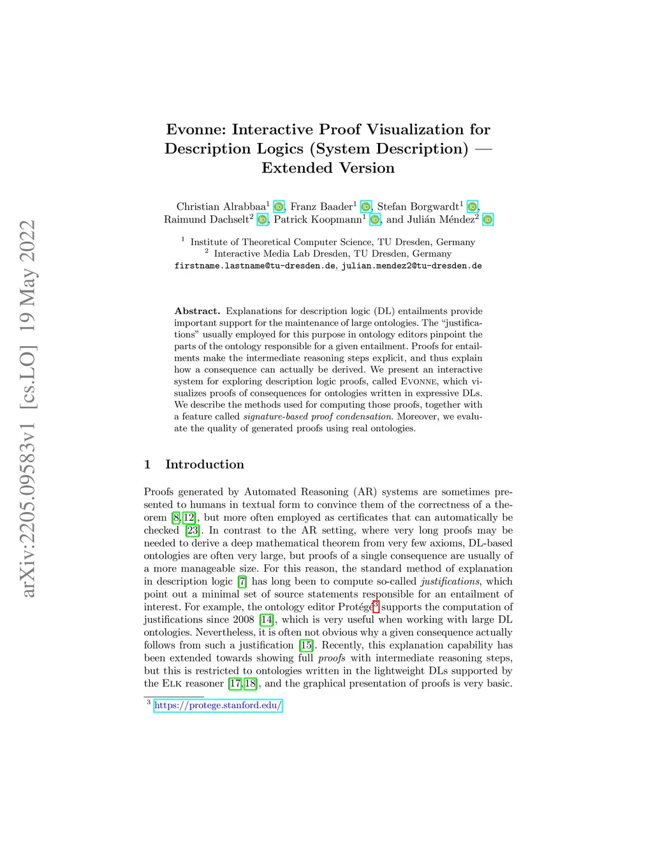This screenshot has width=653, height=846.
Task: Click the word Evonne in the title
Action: [x=196, y=130]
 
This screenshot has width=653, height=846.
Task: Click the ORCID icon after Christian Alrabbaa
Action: [x=279, y=207]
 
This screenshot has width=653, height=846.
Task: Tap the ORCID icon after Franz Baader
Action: [x=365, y=207]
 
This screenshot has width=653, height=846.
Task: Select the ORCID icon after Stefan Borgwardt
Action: [x=472, y=207]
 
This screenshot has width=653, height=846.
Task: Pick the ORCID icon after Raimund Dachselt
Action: [x=262, y=220]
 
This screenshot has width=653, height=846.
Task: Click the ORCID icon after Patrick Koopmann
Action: [x=375, y=220]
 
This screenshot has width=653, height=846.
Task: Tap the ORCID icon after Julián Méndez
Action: [x=487, y=220]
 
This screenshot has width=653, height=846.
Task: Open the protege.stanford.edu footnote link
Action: [x=217, y=706]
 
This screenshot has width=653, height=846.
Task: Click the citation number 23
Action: [x=193, y=531]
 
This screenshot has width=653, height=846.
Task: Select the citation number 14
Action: [x=267, y=620]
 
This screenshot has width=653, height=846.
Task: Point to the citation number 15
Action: [x=306, y=646]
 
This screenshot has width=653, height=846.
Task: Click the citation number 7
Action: [x=242, y=582]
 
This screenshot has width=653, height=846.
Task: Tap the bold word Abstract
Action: [x=197, y=311]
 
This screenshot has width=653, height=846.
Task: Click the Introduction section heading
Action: [x=204, y=464]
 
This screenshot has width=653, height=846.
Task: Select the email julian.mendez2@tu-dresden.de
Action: [x=411, y=266]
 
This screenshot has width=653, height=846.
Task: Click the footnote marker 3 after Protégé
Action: [x=376, y=606]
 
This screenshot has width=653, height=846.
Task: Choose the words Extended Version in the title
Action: [x=328, y=168]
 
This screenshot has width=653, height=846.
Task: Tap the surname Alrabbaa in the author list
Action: [x=244, y=207]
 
